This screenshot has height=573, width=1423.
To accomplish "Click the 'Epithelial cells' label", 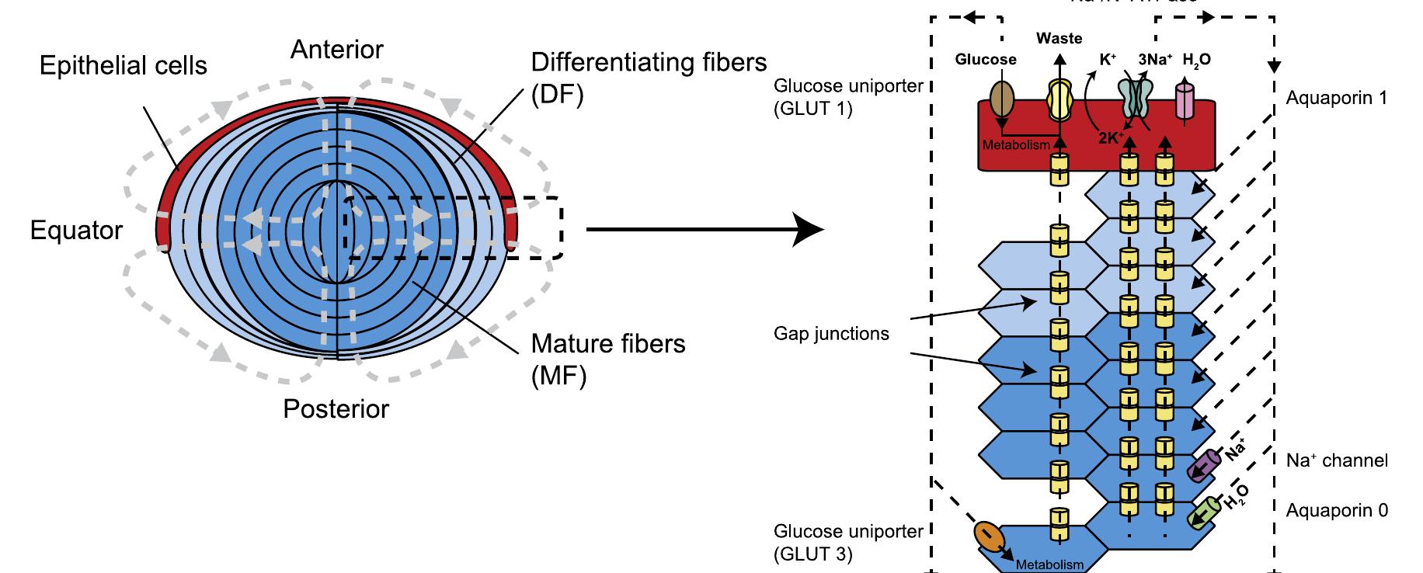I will click(x=123, y=66).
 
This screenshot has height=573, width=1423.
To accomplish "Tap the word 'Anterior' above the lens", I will click(x=336, y=50).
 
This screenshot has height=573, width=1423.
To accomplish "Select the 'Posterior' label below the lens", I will click(x=336, y=409).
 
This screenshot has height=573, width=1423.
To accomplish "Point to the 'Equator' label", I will click(x=76, y=231).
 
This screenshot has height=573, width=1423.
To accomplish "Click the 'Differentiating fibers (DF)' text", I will click(x=649, y=78).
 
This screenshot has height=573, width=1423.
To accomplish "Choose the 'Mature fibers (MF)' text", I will click(x=607, y=359).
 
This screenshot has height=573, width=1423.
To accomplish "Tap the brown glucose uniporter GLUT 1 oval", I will click(x=1002, y=100).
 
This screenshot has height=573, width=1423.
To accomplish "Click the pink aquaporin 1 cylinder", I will click(x=1185, y=102).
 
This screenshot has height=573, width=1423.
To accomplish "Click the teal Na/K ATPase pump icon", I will click(x=1135, y=100).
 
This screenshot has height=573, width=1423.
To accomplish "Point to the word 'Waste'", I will click(x=1059, y=38).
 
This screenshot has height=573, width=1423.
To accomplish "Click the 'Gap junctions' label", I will click(x=831, y=334).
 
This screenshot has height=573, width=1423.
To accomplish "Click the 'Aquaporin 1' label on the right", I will click(x=1336, y=99).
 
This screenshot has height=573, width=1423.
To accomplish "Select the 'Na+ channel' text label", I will click(x=1336, y=460).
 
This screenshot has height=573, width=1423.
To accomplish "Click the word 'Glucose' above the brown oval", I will click(x=985, y=60).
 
